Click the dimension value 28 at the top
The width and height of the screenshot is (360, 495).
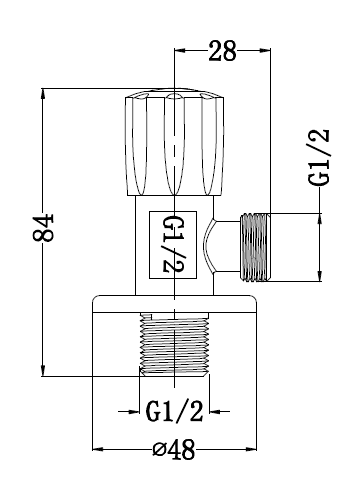222,51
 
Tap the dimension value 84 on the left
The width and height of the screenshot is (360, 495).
43,228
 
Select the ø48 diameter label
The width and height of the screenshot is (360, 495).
174,450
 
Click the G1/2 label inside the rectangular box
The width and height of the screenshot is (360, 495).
173,245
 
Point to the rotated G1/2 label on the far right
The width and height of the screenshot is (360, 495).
319,157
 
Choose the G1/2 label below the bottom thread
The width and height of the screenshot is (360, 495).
174,411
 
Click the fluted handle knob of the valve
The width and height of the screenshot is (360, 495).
174,142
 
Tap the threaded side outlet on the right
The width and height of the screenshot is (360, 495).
255,247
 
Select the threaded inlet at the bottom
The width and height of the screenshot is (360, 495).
174,344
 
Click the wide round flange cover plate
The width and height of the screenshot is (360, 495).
174,304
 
